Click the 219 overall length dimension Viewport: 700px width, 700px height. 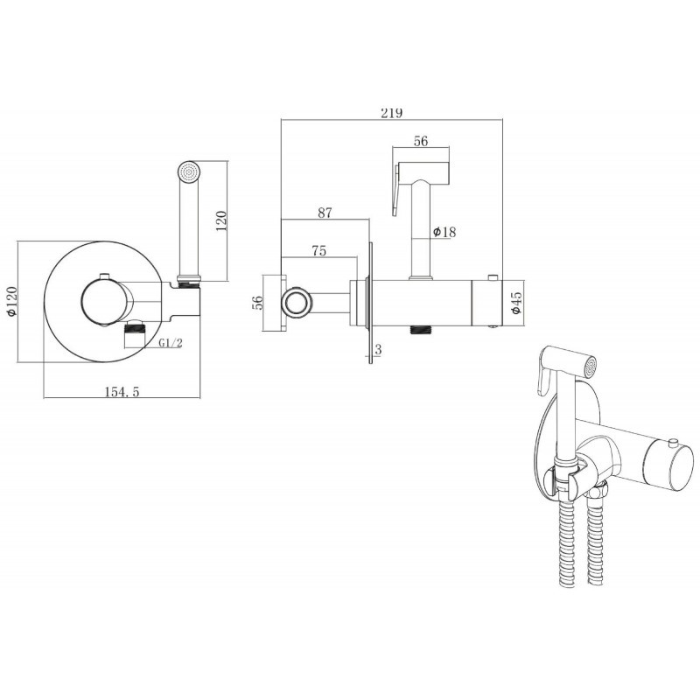point(391,113)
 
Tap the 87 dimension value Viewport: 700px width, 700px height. point(325,213)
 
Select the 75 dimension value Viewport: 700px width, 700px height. point(318,251)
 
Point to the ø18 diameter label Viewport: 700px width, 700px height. point(444,232)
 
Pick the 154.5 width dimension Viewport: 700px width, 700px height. point(122,391)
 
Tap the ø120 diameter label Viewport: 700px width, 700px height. point(11,301)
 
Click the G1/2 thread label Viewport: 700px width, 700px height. point(171,343)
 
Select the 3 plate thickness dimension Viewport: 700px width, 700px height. point(379,349)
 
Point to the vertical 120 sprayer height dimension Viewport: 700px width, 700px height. point(221,220)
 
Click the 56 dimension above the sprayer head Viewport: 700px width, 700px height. point(421,141)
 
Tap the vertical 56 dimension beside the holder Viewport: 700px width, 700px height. point(257,302)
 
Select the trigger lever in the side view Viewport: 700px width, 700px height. point(396,190)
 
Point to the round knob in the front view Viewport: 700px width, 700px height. point(107,302)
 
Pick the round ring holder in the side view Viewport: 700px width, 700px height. point(294,302)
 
